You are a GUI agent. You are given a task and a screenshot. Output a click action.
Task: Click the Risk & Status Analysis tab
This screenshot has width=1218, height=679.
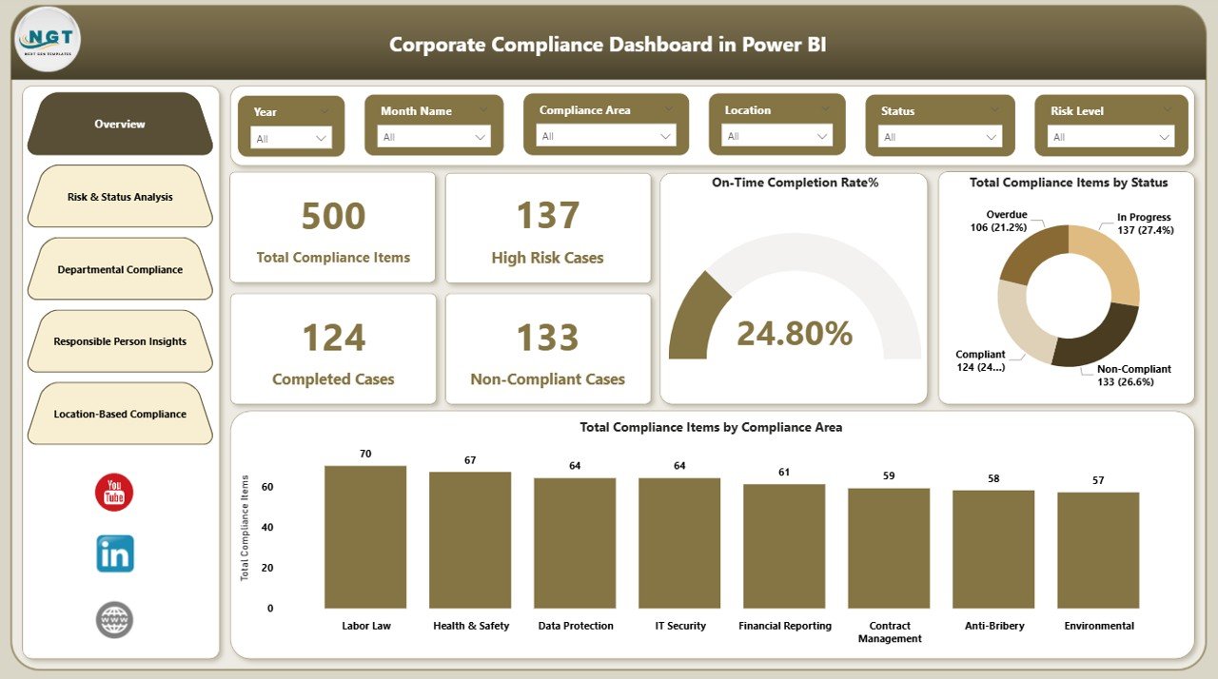(120, 197)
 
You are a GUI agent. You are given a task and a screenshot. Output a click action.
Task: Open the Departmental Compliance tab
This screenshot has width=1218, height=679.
(120, 269)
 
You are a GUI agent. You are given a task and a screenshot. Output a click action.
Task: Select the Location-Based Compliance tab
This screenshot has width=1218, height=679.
(120, 414)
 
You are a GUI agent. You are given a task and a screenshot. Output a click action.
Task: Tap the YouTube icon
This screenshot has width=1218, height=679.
(114, 493)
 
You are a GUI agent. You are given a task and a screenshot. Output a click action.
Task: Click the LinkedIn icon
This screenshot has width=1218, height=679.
(115, 553)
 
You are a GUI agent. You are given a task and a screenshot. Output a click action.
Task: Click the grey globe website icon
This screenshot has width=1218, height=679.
(115, 620)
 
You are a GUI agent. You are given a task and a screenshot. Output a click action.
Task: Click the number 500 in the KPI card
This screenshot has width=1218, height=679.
(333, 216)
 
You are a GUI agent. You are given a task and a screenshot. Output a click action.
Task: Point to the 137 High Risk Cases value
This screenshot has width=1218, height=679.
(547, 216)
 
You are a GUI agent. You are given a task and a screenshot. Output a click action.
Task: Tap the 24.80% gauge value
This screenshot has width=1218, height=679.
(795, 334)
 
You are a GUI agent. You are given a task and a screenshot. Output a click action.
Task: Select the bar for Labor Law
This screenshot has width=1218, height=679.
(365, 537)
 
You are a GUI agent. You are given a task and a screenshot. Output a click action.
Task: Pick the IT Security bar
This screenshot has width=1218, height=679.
(679, 543)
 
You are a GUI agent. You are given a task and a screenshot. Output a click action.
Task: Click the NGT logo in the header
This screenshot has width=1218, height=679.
(49, 39)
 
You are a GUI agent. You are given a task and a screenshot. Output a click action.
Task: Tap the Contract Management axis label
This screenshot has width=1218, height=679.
(889, 632)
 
